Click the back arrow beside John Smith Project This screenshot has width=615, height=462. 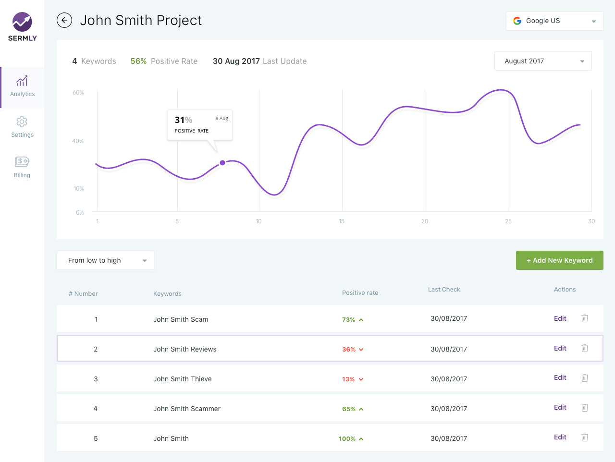click(64, 20)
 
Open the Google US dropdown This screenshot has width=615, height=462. click(554, 21)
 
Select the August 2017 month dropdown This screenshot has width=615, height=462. click(543, 61)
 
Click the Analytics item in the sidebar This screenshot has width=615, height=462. click(22, 87)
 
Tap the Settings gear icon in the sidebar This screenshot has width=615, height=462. click(22, 122)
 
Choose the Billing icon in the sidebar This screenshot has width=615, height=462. click(22, 161)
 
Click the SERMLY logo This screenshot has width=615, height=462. click(22, 27)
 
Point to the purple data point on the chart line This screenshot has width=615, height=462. click(222, 163)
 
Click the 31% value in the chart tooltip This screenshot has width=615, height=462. click(183, 120)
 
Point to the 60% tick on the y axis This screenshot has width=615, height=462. click(78, 93)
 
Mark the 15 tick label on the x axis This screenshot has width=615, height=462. click(342, 221)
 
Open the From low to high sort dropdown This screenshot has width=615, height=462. click(105, 260)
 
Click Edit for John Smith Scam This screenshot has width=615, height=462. click(560, 318)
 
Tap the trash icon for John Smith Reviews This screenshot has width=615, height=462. click(585, 348)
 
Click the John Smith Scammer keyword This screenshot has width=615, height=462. click(187, 409)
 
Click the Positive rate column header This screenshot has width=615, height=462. click(360, 293)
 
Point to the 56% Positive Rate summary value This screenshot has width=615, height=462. click(139, 61)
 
